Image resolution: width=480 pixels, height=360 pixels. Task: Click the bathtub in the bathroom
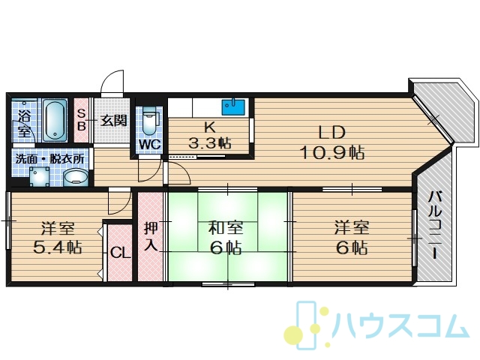click(x=55, y=120)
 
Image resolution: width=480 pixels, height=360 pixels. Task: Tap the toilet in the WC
click(x=150, y=121)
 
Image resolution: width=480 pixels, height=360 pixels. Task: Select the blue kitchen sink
click(x=233, y=106)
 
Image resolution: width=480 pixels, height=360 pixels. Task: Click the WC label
click(x=150, y=145)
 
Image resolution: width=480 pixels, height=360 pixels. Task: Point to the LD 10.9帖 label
click(x=332, y=142)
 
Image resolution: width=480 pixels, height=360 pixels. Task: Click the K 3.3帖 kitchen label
click(x=210, y=135)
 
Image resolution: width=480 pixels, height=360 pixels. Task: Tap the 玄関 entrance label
click(x=114, y=121)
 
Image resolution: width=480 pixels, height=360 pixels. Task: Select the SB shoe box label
click(x=81, y=120)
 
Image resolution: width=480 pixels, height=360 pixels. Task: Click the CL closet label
click(x=120, y=253)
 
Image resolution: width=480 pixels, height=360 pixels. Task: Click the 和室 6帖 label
click(x=226, y=238)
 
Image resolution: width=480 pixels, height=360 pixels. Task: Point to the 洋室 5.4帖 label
click(x=58, y=238)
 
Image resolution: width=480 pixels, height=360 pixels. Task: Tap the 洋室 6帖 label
click(x=352, y=238)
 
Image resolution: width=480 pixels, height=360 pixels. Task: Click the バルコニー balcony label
click(x=435, y=225)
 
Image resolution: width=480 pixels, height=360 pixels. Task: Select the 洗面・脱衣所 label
click(x=50, y=159)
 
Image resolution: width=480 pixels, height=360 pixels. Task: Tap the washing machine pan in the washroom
click(x=40, y=176)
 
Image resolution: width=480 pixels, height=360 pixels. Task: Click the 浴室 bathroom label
click(x=24, y=123)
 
